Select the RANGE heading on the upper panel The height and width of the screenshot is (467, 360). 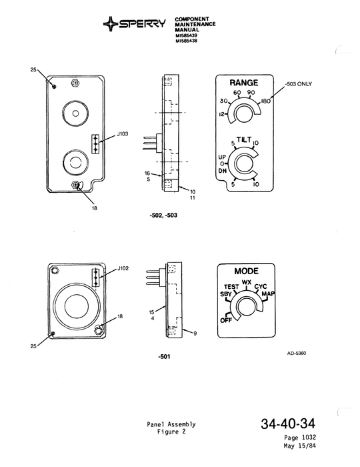pos(244,83)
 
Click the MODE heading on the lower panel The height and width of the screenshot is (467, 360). pos(246,272)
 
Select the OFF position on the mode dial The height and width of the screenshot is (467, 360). pos(226,320)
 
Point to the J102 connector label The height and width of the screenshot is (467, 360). pos(123,269)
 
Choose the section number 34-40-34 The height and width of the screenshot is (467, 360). pos(289,424)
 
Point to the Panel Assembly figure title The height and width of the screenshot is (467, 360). pos(172,425)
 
